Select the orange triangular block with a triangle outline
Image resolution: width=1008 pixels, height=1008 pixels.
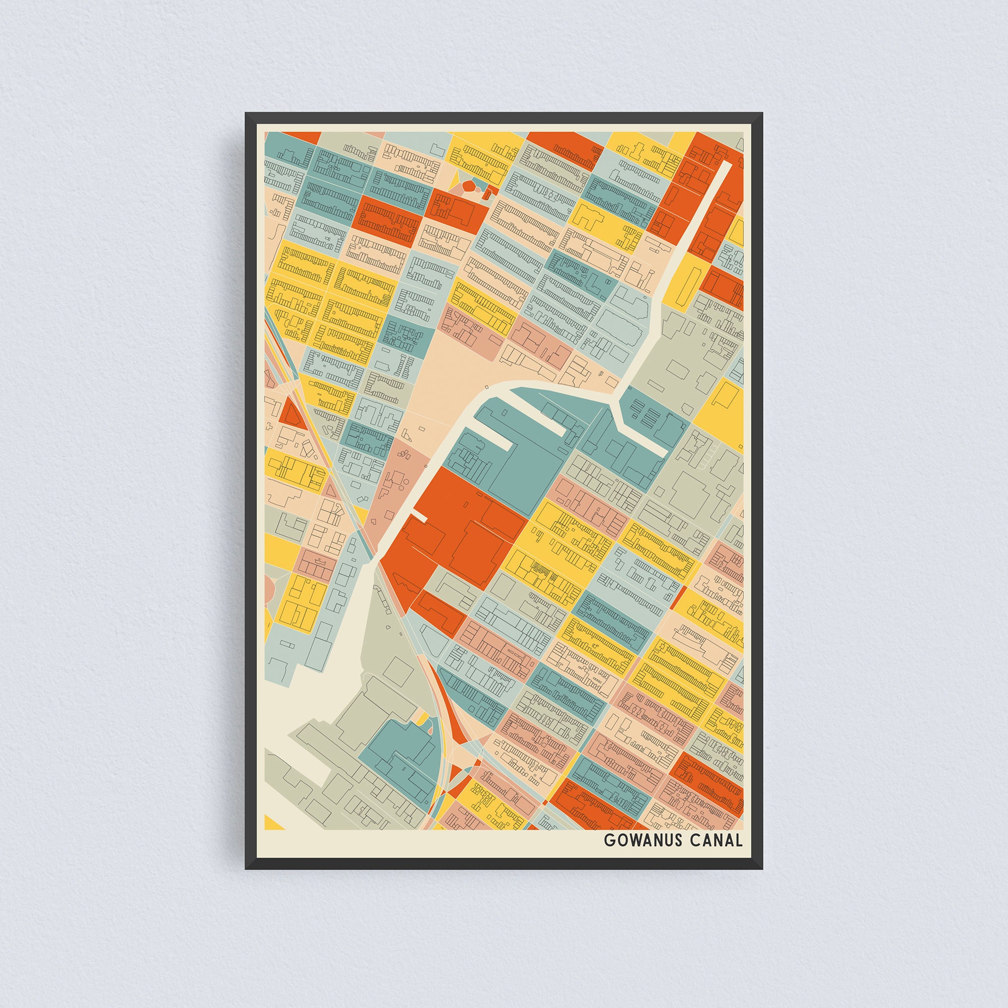click(x=290, y=415)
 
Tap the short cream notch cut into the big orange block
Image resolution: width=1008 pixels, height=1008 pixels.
click(x=418, y=517)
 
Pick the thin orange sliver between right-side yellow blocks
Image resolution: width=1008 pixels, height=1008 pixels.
click(x=679, y=598)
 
